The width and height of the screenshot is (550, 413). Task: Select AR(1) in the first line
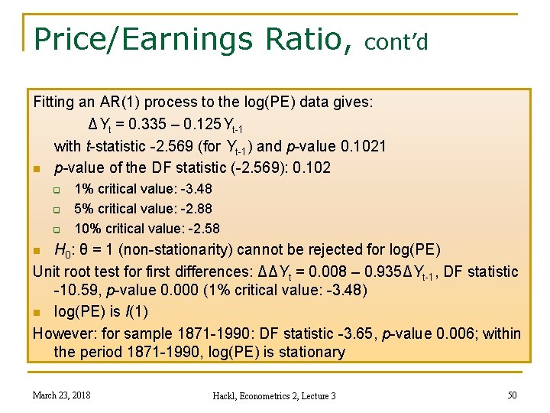click(119, 102)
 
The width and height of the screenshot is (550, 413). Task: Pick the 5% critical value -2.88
click(196, 208)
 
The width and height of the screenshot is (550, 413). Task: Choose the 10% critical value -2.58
click(202, 228)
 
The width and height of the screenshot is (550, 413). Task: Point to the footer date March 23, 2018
click(60, 395)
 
